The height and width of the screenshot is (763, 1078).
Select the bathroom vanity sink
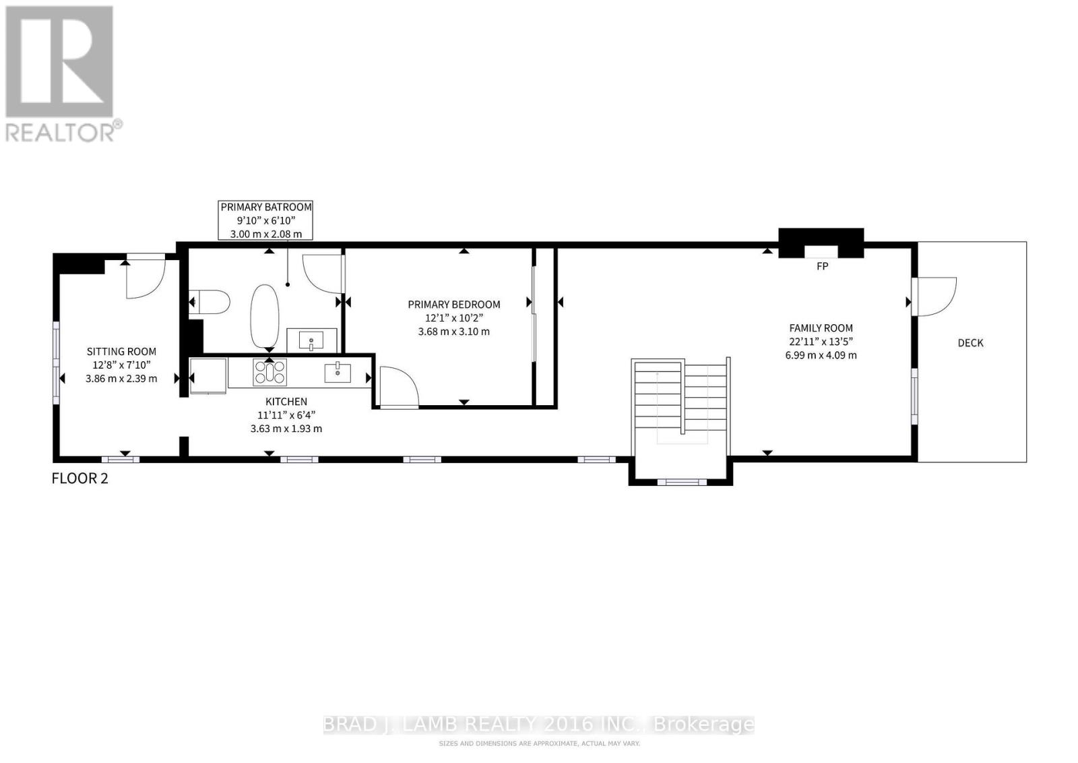tap(312, 340)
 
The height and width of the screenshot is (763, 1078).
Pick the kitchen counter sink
tap(337, 372)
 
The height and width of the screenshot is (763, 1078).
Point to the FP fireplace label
tap(822, 266)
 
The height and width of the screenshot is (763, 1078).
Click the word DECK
tap(970, 343)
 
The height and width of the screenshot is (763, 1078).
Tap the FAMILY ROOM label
tap(821, 328)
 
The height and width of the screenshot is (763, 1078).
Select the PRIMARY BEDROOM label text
tap(453, 305)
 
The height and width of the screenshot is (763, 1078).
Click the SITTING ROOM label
tap(121, 351)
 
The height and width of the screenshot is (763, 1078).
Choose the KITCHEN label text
tap(286, 402)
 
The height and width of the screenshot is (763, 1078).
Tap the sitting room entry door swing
tap(145, 278)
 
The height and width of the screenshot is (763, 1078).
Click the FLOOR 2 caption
tap(80, 479)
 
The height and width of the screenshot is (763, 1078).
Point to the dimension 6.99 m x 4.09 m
tap(821, 355)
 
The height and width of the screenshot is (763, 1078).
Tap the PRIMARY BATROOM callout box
tap(266, 220)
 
